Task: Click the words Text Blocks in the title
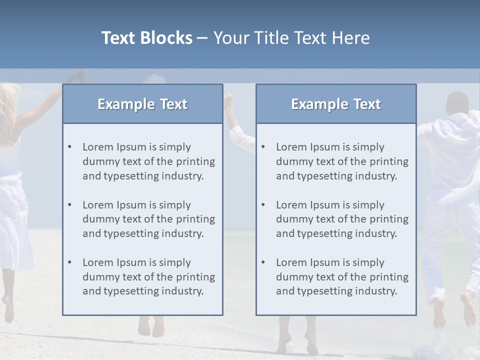click(146, 38)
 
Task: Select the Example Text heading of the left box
click(142, 104)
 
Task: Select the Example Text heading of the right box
click(336, 104)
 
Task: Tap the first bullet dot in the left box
click(69, 147)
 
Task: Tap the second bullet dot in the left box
click(69, 205)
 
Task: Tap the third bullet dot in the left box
click(69, 262)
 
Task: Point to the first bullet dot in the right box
click(263, 147)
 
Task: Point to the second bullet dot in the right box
click(263, 205)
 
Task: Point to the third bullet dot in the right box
click(263, 262)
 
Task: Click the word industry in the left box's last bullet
click(182, 291)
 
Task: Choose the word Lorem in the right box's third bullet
click(291, 262)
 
